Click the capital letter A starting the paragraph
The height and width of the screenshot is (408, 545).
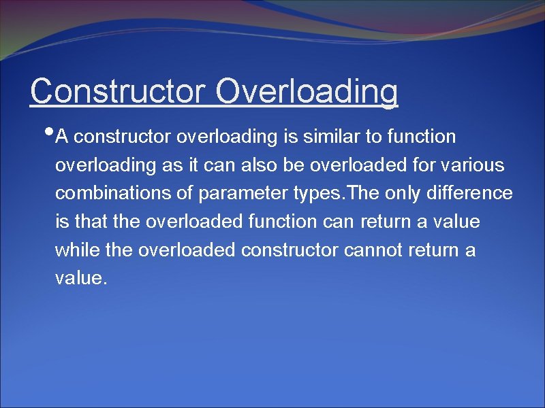[62, 137]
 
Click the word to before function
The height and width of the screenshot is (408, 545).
[373, 137]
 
